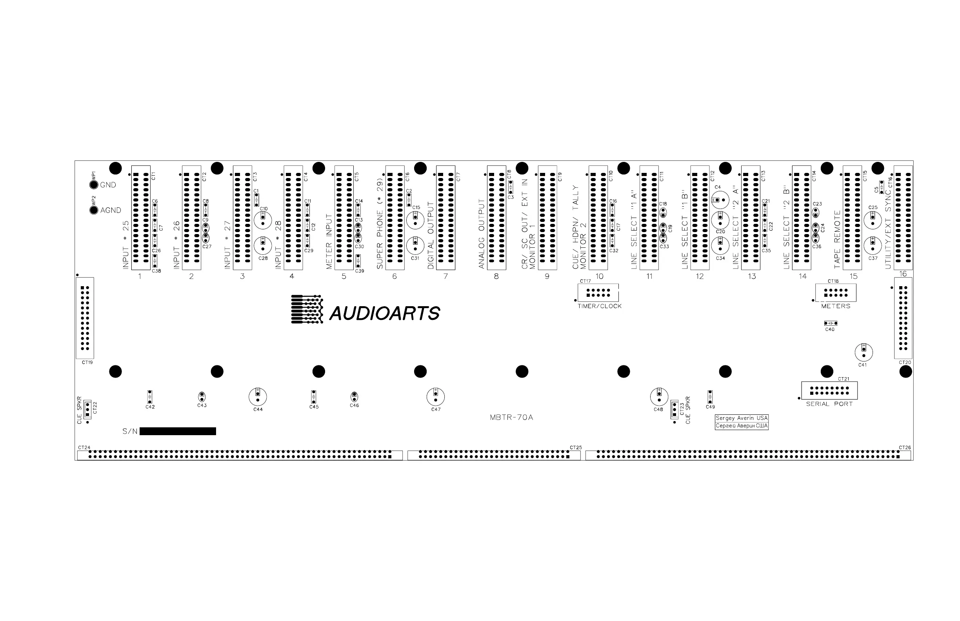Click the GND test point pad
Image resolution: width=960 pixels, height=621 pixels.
coord(94,185)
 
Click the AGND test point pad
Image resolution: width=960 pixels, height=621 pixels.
coord(94,210)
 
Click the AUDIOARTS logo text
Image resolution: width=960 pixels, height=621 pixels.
coord(384,313)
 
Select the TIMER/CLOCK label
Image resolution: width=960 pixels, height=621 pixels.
coord(599,307)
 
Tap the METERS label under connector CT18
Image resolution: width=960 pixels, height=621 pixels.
coord(835,307)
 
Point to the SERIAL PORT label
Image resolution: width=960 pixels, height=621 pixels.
coord(829,404)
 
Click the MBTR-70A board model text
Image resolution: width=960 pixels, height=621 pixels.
coord(511,418)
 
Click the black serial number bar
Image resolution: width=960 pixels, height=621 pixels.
coord(178,432)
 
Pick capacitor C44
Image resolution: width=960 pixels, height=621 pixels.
coord(258,397)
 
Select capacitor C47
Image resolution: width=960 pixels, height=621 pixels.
coord(436,397)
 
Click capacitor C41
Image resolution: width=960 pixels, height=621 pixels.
coord(864,352)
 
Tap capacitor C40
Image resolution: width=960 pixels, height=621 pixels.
coord(831,323)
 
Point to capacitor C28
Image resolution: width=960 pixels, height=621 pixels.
coord(263,245)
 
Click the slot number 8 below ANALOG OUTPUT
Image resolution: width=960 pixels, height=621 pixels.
coord(496,277)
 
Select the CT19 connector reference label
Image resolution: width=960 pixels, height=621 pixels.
coord(87,363)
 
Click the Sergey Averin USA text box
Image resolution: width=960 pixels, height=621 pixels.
coord(742,418)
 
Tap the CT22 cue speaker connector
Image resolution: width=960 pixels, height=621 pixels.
coord(87,410)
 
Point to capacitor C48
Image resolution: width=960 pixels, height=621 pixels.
coord(659,397)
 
